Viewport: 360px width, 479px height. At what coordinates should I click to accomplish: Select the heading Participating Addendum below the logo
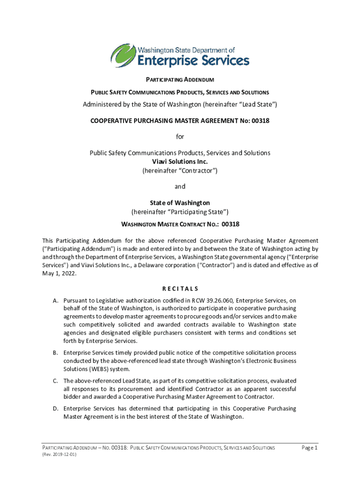tap(180, 80)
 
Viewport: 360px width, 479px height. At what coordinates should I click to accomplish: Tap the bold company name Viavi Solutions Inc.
tap(180, 162)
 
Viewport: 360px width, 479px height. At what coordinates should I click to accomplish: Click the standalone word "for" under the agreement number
tap(180, 137)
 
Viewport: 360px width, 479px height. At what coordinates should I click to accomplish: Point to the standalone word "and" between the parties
tap(180, 186)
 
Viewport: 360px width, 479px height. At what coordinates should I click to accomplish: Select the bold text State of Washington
tap(180, 203)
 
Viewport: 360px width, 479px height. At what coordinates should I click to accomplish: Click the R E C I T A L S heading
tap(180, 288)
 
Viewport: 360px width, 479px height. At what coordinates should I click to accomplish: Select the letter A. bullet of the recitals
tap(55, 300)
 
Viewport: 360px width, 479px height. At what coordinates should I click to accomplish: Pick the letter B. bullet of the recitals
tap(55, 353)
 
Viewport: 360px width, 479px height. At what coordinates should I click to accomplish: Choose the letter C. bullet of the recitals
tap(55, 381)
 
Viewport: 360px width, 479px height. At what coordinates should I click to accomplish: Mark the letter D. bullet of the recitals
tap(55, 409)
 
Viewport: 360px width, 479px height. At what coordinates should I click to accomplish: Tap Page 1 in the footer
tap(310, 448)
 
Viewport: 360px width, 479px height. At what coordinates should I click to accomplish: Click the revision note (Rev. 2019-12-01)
tap(59, 455)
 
